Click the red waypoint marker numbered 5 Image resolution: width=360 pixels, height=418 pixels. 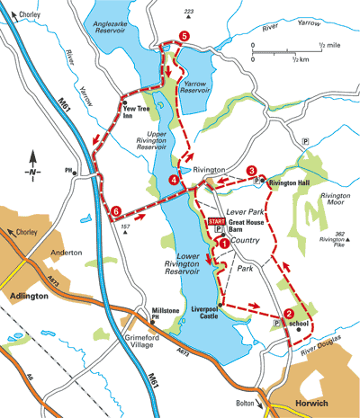184,36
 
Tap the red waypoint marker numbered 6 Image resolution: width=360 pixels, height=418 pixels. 116,211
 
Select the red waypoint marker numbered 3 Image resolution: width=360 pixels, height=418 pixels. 252,170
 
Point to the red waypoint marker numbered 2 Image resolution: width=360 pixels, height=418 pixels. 289,314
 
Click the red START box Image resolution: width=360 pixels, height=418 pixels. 216,220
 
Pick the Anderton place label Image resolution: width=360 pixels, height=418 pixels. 67,253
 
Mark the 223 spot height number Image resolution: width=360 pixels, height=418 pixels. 189,12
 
